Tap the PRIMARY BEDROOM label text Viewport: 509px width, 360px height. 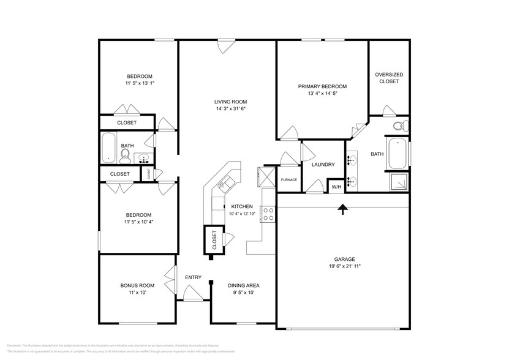322,86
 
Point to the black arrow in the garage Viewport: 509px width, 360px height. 342,210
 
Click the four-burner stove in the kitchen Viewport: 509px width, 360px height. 268,213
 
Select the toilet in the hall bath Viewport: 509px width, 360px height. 126,158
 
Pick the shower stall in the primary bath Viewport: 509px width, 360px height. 398,181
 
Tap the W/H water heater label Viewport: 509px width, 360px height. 336,186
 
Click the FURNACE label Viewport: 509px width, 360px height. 288,179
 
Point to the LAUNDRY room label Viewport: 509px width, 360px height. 323,164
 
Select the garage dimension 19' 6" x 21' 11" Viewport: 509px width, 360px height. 344,267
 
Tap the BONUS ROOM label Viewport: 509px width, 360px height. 137,285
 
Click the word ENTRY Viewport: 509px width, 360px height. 193,277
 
